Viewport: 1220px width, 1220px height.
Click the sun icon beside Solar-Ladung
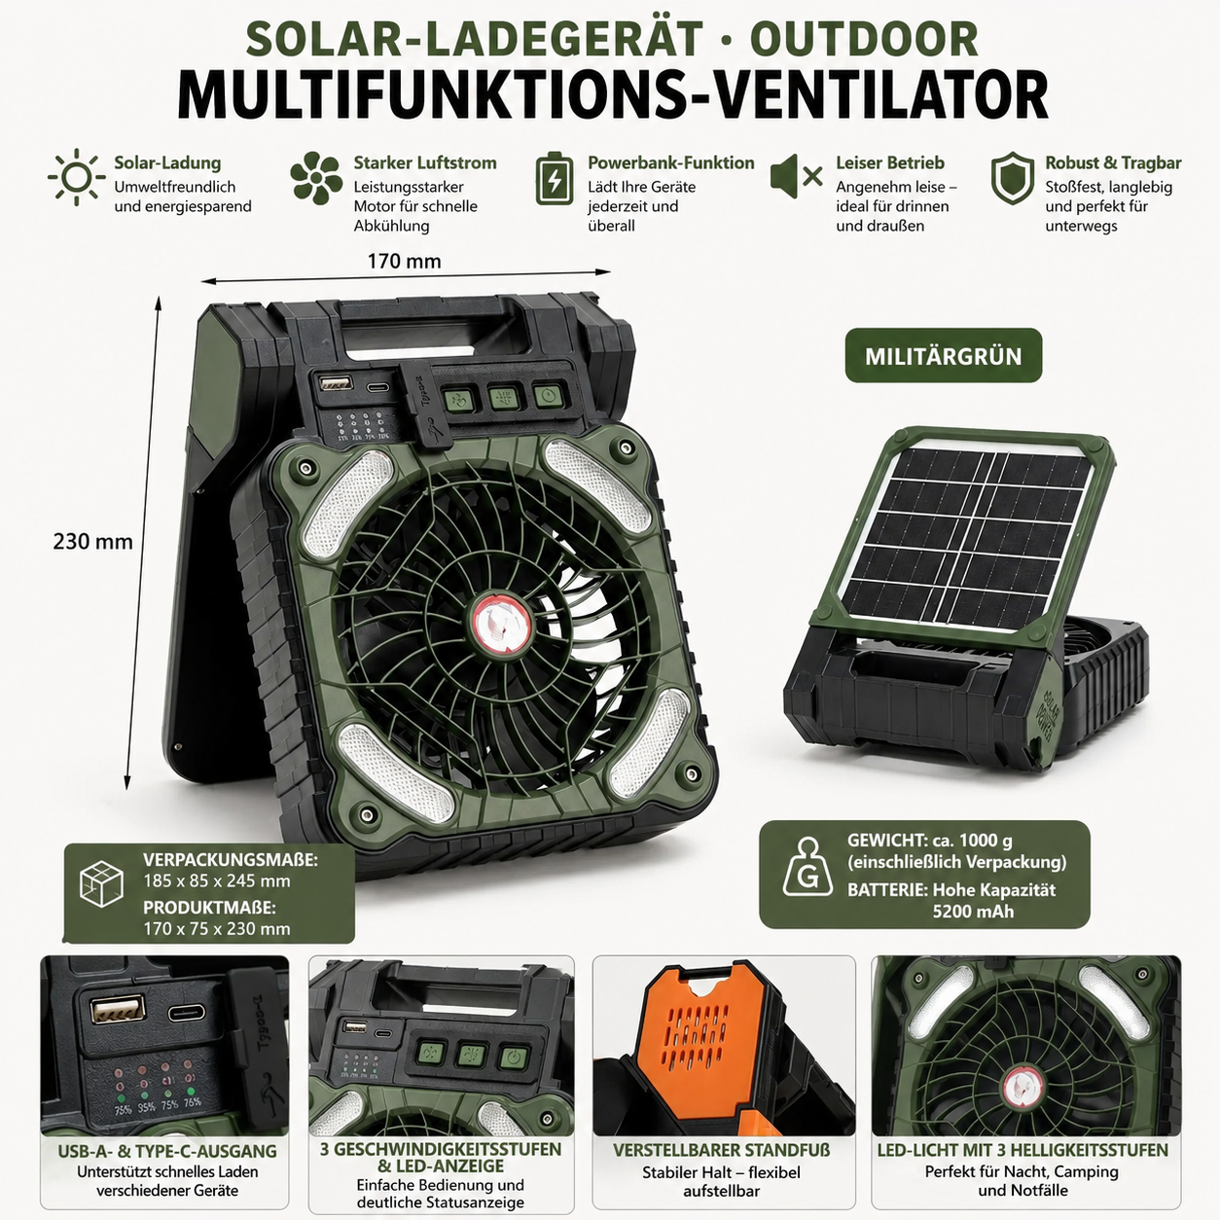pos(77,177)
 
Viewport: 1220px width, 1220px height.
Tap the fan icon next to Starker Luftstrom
pos(316,178)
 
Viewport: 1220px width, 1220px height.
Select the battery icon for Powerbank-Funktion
pos(555,179)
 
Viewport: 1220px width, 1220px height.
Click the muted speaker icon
pos(796,177)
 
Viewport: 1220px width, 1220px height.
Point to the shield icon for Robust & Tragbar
pos(1012,178)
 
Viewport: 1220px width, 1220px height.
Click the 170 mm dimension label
pos(404,261)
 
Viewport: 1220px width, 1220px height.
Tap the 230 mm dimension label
pos(92,541)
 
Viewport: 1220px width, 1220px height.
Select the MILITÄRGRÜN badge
pos(944,355)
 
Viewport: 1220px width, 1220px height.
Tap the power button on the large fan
pos(548,396)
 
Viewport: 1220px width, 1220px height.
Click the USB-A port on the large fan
pos(335,382)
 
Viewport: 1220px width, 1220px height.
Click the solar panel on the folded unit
pos(971,538)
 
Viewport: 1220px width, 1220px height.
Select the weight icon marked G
pos(807,867)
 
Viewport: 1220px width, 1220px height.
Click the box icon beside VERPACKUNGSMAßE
pos(101,883)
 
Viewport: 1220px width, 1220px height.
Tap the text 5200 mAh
pos(973,911)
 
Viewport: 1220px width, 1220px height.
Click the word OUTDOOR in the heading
pos(864,39)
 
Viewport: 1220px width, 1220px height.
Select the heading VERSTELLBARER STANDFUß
pos(721,1150)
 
